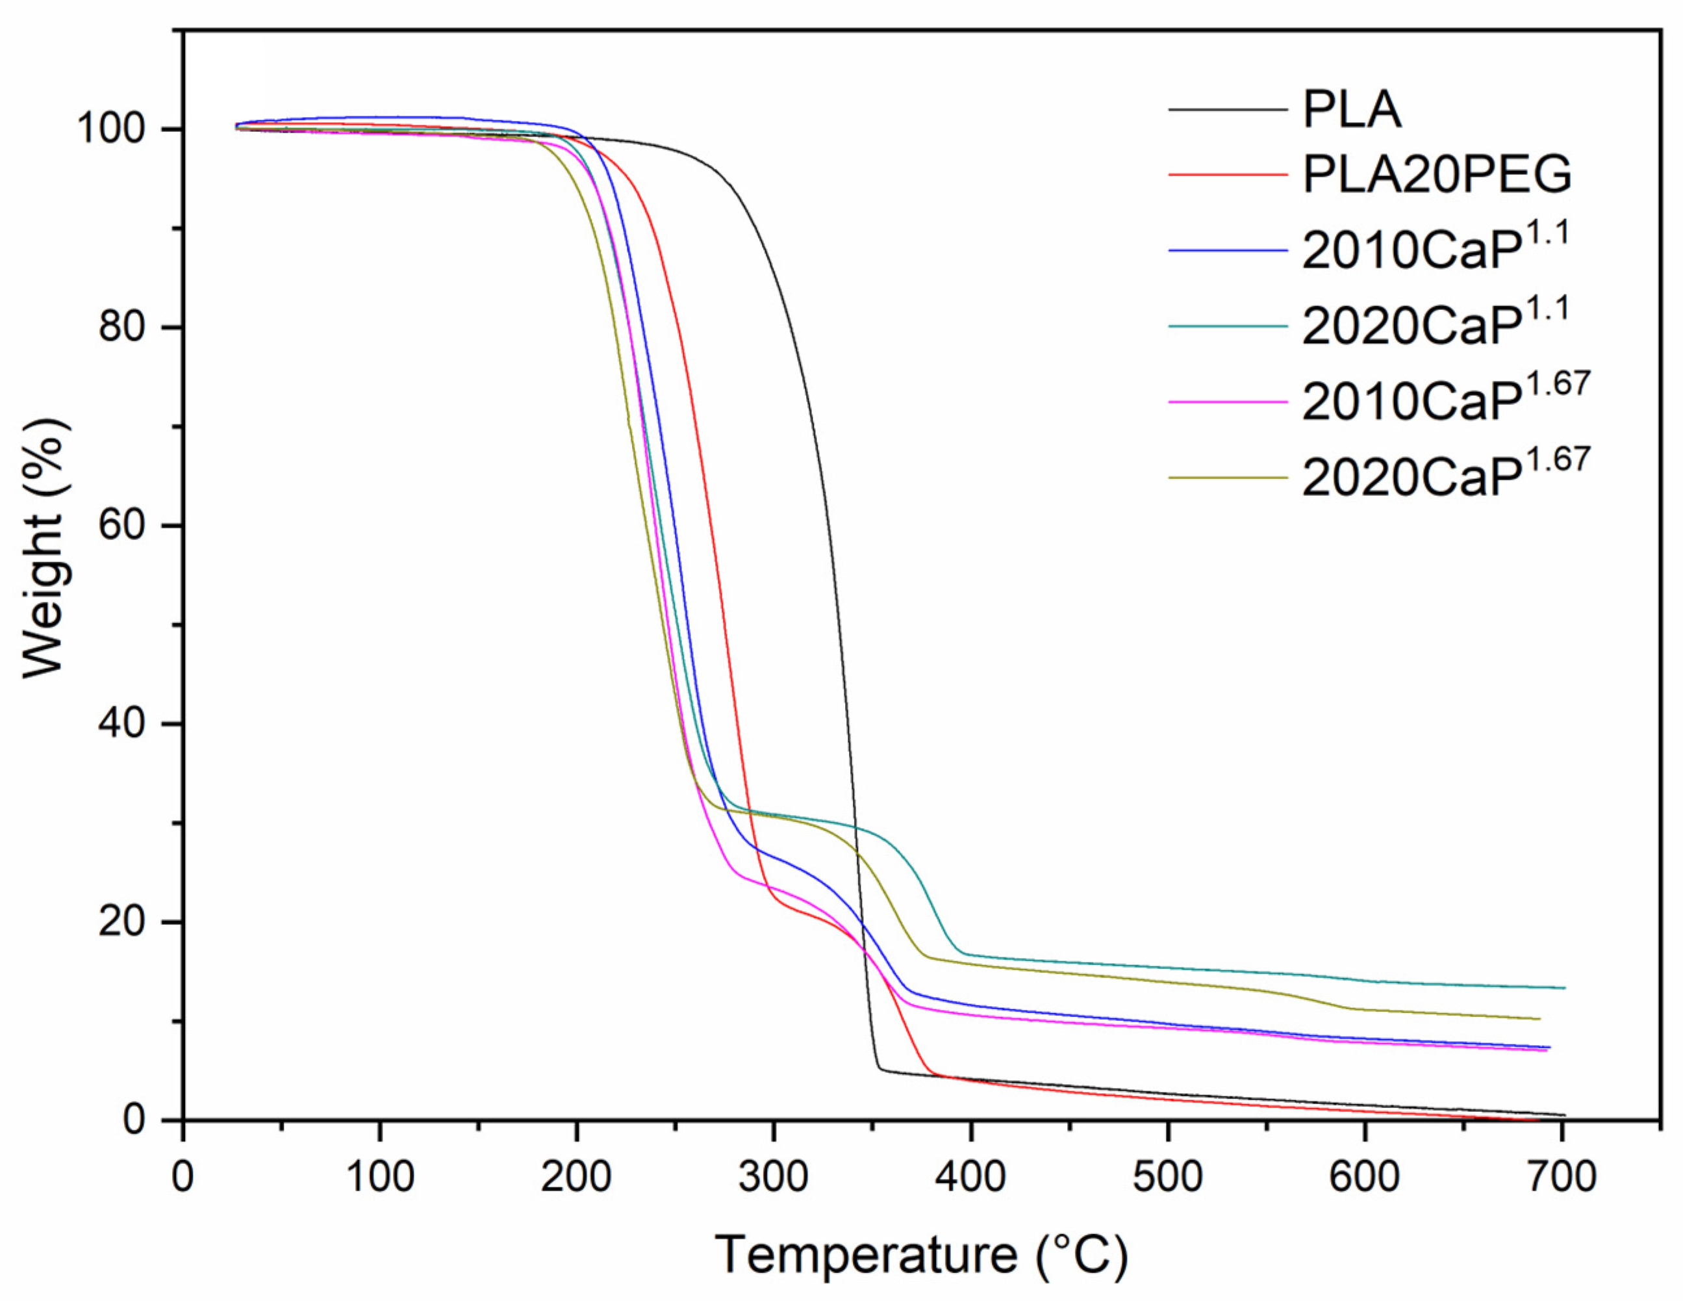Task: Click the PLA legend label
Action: pos(1351,110)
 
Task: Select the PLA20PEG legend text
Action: pos(1436,175)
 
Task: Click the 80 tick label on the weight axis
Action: pos(121,328)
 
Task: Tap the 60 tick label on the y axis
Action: pos(121,526)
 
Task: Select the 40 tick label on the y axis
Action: pos(121,724)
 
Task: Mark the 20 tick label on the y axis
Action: pos(121,921)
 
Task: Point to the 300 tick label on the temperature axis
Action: pos(773,1177)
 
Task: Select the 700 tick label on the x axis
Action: pos(1562,1177)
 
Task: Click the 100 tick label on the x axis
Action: pos(379,1177)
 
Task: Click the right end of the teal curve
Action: pos(1564,987)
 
